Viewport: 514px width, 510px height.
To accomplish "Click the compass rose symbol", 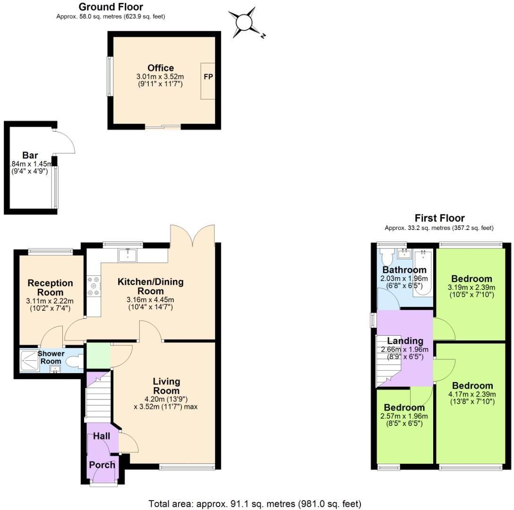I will click(245, 22).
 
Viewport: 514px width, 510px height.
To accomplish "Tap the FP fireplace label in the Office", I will click(208, 76).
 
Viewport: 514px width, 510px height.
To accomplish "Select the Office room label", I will click(161, 68).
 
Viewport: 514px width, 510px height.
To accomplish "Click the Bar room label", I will click(30, 155).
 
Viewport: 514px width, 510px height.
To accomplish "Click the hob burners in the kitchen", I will click(93, 286).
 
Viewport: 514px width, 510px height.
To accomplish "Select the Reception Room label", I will click(50, 288).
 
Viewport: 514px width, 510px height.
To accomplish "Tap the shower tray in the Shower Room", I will click(28, 361).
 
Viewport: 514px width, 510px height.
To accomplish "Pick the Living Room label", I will click(166, 386).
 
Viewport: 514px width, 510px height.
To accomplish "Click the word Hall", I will click(102, 436).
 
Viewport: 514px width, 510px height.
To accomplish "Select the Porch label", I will click(102, 465).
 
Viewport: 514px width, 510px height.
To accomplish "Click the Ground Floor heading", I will click(111, 7).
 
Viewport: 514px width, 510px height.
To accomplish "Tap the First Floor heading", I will click(439, 218).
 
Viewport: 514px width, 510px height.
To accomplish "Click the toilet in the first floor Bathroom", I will click(386, 257).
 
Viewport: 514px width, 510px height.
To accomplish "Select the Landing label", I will click(405, 341).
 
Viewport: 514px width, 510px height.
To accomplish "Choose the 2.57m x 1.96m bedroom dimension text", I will click(404, 416).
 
